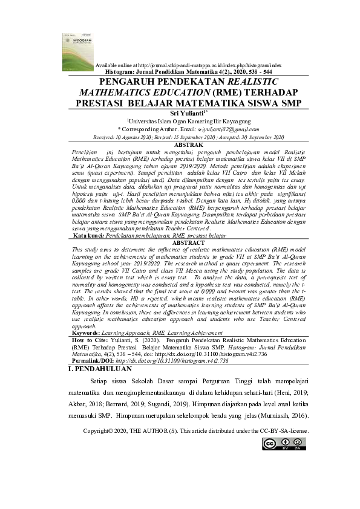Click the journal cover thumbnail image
74,51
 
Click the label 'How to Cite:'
90,340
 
